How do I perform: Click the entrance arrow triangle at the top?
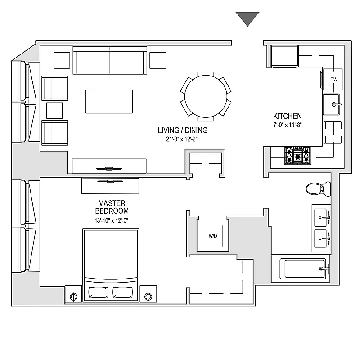tap(247, 18)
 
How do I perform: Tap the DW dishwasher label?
tap(333, 80)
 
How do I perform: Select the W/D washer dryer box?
tap(212, 236)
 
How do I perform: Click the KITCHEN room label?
tap(287, 116)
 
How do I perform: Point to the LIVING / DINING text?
tap(182, 130)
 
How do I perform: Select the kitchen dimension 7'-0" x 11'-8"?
tap(287, 125)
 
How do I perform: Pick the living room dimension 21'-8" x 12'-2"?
tap(182, 139)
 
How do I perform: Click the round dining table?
tap(206, 97)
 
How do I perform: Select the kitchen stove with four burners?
tap(297, 155)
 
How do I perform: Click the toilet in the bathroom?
tap(317, 189)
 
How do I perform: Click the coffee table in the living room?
tap(110, 102)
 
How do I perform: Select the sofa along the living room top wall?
tap(110, 61)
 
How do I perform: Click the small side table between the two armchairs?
tap(54, 110)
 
